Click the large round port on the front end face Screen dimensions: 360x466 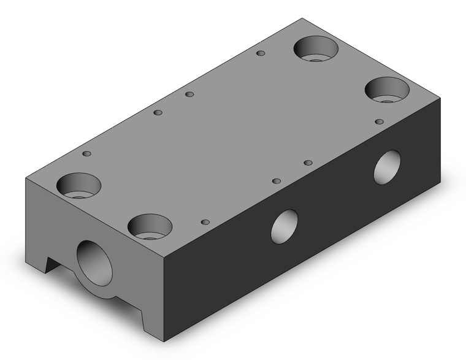[95, 263]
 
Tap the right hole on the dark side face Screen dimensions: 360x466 [388, 167]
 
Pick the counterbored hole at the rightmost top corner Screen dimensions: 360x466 [388, 90]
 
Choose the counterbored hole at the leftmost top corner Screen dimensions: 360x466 [79, 185]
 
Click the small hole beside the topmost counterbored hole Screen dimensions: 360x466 [261, 54]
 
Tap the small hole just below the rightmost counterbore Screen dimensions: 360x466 [380, 121]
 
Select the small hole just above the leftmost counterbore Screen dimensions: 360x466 [86, 153]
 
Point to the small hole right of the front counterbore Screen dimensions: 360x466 [205, 221]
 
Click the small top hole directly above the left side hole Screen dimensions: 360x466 [277, 181]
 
